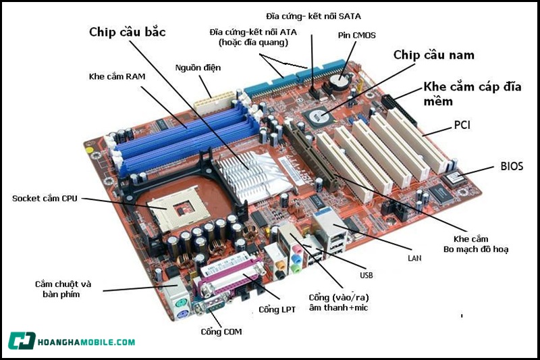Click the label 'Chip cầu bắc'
click(128, 32)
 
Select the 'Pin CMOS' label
click(356, 34)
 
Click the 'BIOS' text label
click(511, 165)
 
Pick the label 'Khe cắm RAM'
click(117, 76)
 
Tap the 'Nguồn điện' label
click(198, 68)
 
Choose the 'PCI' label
click(462, 125)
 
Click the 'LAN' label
click(415, 257)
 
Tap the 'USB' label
click(367, 276)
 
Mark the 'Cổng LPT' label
click(275, 309)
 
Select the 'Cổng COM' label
click(221, 332)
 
